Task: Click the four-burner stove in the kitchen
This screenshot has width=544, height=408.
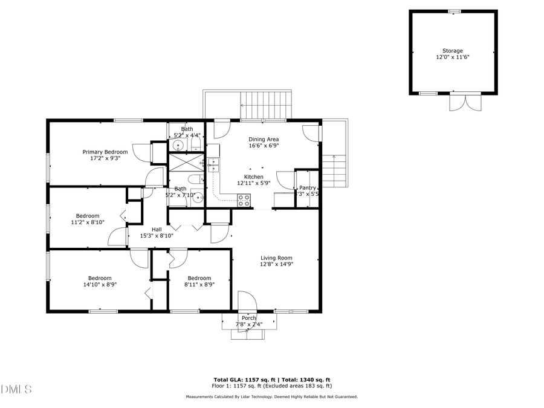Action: point(244,201)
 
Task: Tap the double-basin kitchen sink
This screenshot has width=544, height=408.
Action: point(213,165)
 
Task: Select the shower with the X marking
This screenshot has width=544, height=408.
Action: point(178,163)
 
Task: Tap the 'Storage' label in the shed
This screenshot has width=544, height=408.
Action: point(452,51)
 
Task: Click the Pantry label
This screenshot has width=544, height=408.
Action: point(307,188)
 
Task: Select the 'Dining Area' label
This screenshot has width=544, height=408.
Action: point(264,139)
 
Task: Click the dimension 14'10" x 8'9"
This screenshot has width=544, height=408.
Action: point(100,284)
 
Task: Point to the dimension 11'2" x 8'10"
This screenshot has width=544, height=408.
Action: point(88,222)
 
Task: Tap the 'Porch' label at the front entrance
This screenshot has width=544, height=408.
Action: point(248,318)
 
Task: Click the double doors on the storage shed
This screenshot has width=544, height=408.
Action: point(458,103)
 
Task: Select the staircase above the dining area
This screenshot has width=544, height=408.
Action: point(266,103)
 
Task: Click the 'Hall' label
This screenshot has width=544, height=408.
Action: point(157,229)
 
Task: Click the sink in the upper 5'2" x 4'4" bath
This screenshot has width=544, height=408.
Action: point(179,146)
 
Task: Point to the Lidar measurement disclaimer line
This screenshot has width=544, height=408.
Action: point(271,397)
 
